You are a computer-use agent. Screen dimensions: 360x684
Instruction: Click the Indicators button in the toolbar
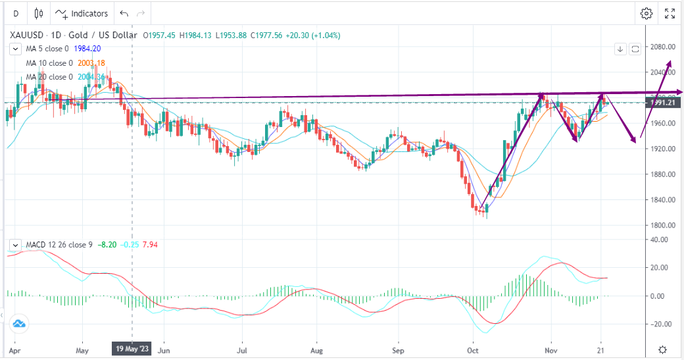[x=82, y=13]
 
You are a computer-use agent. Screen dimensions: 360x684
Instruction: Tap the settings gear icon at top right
[x=647, y=13]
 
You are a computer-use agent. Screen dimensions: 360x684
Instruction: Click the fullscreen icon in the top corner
[x=670, y=13]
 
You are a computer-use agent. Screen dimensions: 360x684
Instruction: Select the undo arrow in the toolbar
[x=124, y=13]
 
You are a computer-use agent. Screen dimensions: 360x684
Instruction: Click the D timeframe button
[x=15, y=13]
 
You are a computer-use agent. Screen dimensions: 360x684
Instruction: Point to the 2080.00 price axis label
[x=664, y=47]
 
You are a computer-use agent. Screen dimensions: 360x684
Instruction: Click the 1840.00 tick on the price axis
[x=664, y=200]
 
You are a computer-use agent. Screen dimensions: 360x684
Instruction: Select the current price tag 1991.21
[x=664, y=103]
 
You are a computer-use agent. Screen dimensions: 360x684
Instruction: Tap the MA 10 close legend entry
[x=49, y=63]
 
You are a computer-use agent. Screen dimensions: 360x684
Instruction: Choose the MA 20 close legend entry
[x=49, y=77]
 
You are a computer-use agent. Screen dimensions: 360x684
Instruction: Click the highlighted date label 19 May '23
[x=132, y=349]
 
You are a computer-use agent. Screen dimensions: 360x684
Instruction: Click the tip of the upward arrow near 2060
[x=670, y=61]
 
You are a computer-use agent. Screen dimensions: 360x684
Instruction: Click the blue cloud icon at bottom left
[x=18, y=323]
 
